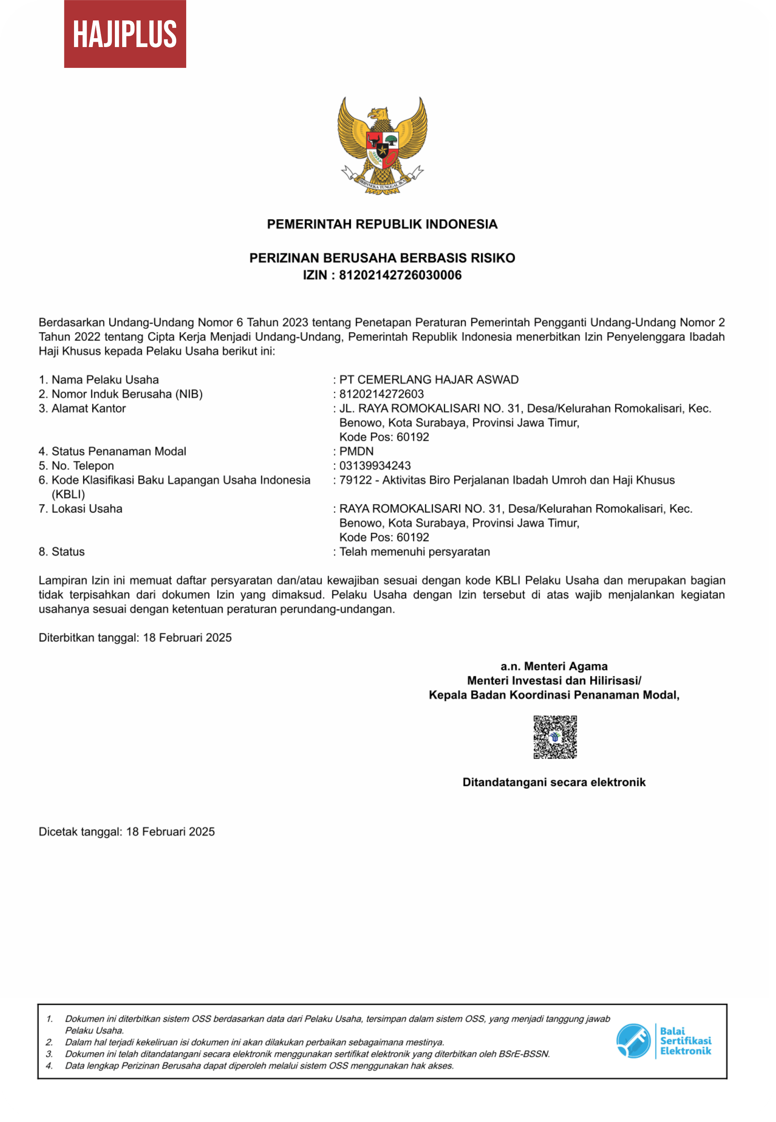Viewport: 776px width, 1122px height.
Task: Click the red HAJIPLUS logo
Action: pos(125,34)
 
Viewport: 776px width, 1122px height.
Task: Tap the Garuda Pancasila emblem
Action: pos(382,145)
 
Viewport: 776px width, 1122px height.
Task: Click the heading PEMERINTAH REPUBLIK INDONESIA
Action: pos(382,224)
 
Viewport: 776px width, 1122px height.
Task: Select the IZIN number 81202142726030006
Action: pos(400,275)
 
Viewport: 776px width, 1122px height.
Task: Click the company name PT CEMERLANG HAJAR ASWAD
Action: pos(429,380)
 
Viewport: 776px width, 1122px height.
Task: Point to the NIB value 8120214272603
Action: pos(381,394)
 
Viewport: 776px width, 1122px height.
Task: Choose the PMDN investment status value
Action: pos(357,451)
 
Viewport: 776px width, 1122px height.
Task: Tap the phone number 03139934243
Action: pos(375,466)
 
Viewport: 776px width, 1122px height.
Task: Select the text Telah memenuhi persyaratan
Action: pos(414,552)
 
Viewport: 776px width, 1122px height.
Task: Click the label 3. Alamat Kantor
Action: pos(82,408)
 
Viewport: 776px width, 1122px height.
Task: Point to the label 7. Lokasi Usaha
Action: pos(81,509)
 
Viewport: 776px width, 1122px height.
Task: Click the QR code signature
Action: pos(555,737)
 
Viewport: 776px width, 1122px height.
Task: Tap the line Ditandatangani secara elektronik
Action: pos(554,783)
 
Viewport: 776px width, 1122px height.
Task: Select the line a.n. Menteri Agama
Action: pos(554,666)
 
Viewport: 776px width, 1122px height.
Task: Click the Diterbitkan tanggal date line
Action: pos(135,638)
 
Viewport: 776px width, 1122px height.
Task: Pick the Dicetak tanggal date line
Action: pos(126,832)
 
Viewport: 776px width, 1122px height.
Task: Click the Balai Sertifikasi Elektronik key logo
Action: pos(633,1041)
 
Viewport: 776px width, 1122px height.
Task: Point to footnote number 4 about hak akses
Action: pos(259,1066)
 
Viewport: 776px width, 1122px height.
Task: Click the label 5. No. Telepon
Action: pos(76,466)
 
